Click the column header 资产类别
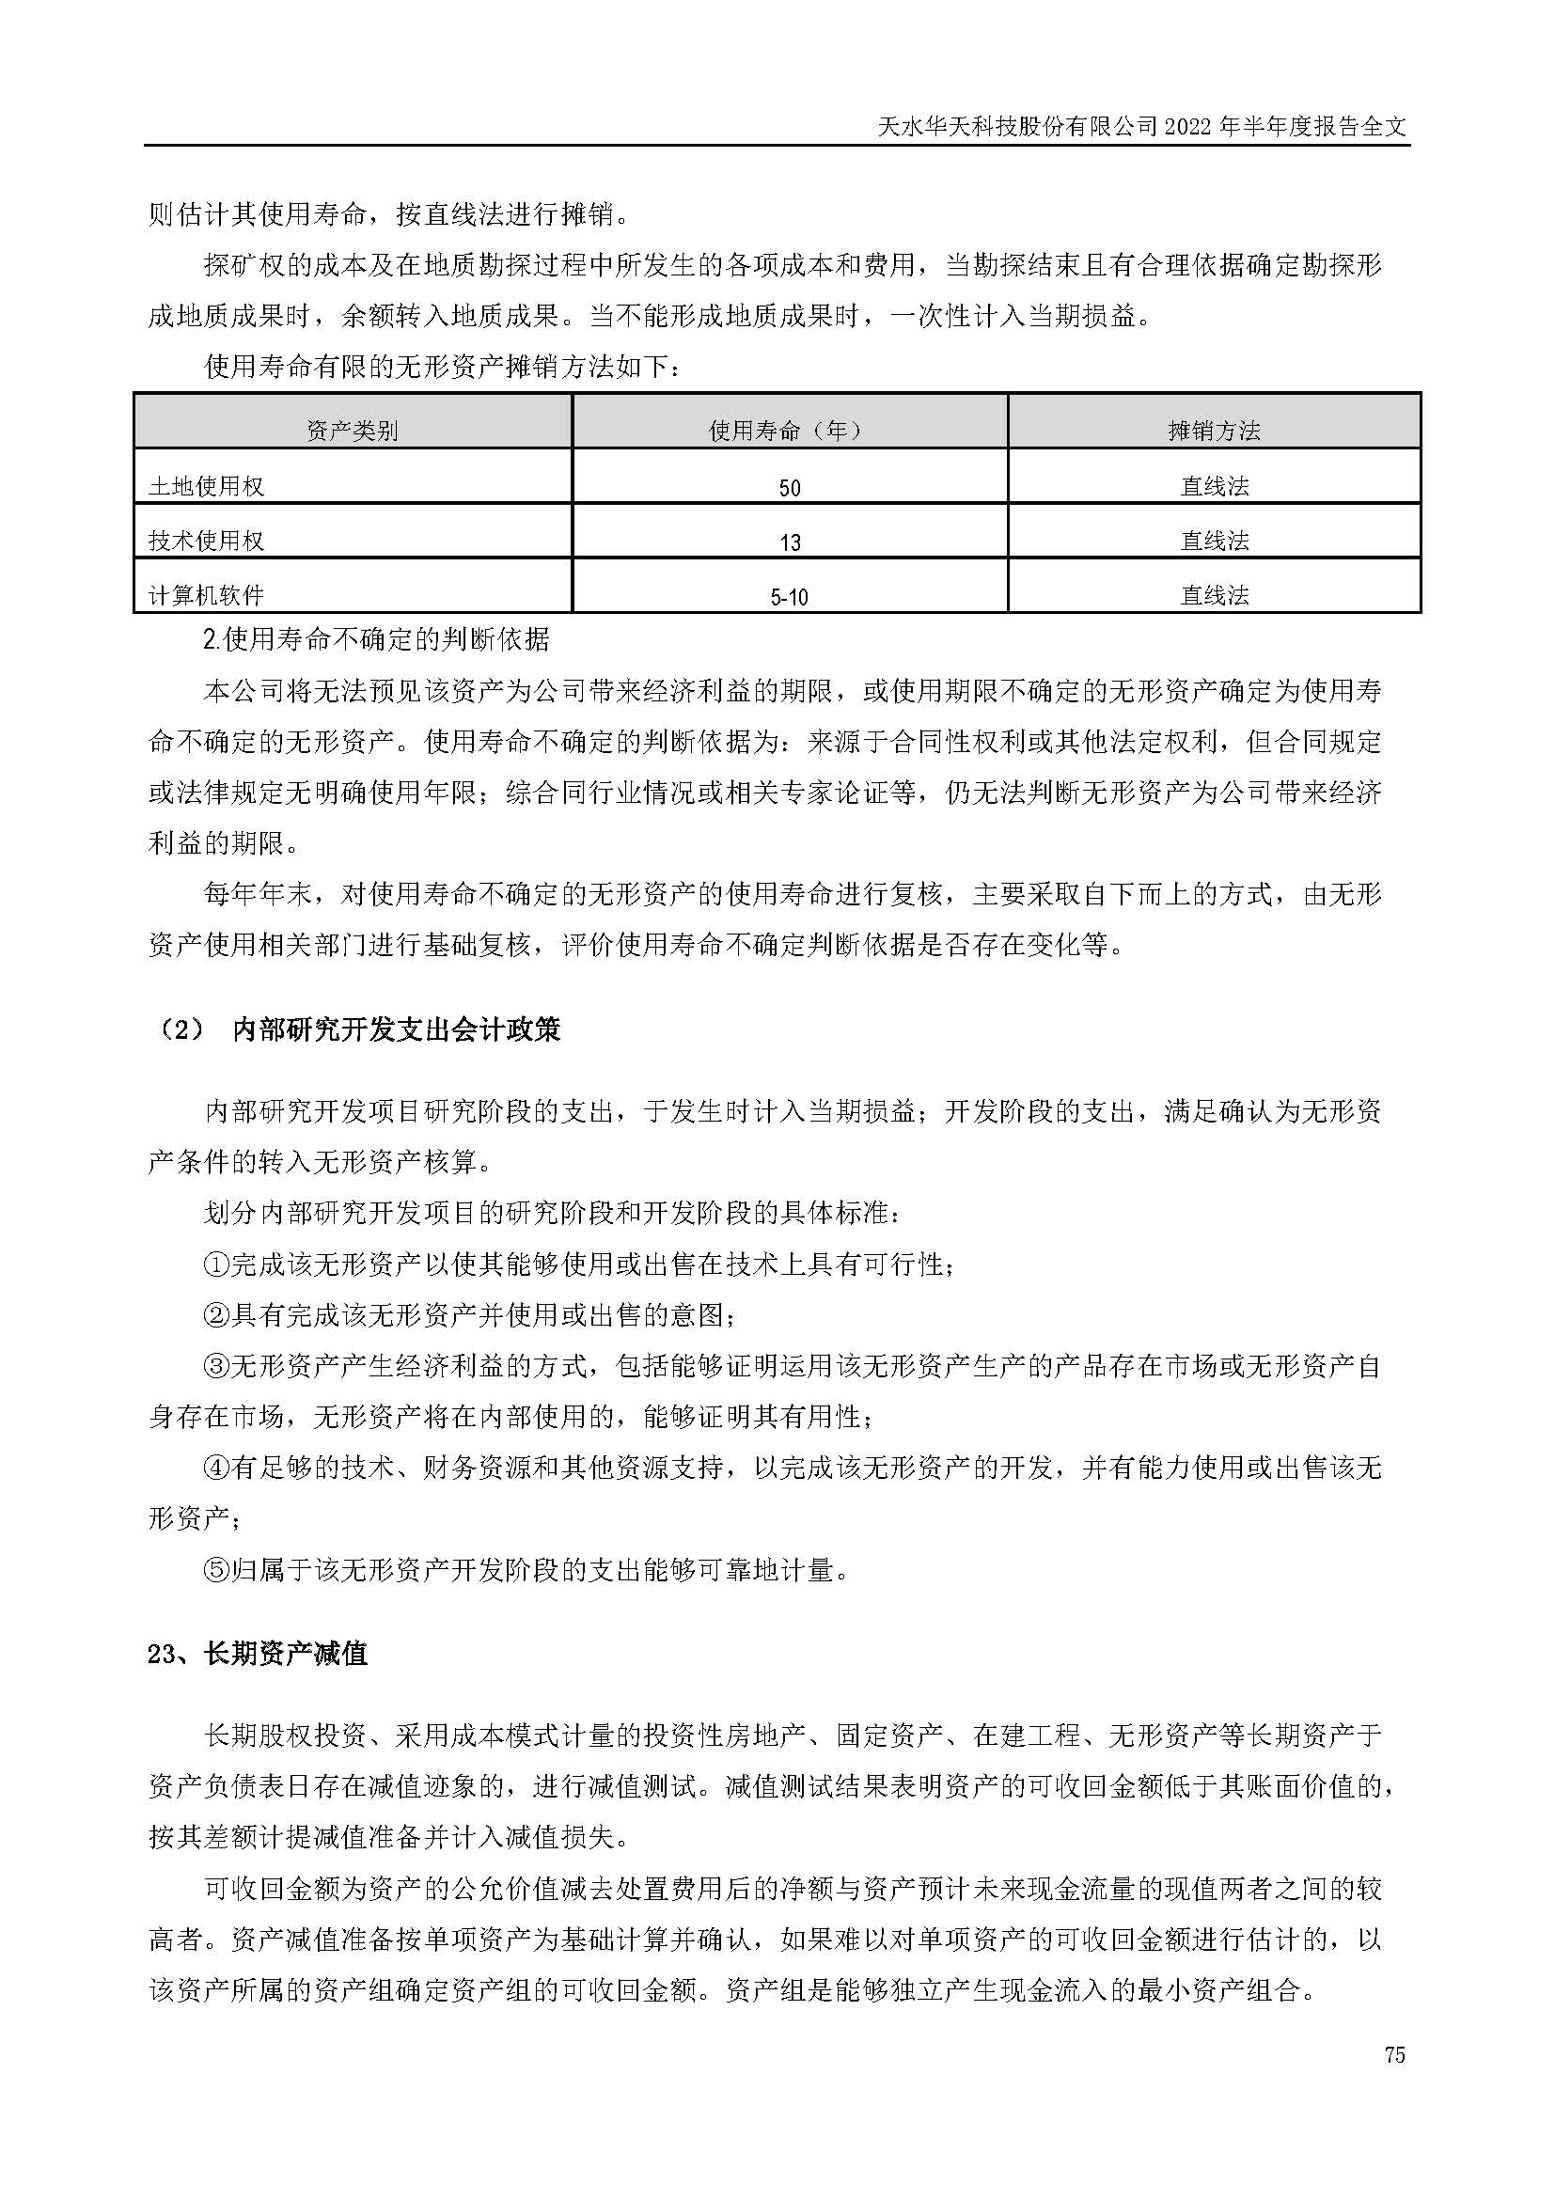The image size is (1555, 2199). (x=352, y=431)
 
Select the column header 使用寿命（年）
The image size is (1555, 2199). (x=789, y=431)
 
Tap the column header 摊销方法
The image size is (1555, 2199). (x=1213, y=431)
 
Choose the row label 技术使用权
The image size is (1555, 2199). (x=206, y=542)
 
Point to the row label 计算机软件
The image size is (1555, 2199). (x=206, y=596)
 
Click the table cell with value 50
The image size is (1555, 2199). (x=789, y=489)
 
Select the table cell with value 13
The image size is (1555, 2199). (x=789, y=543)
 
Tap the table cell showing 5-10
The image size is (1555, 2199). (x=789, y=598)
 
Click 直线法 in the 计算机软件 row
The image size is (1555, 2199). (x=1214, y=596)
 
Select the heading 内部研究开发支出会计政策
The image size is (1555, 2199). (x=397, y=1029)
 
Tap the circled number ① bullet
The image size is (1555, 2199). (x=216, y=1264)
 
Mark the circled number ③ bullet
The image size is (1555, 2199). (x=216, y=1367)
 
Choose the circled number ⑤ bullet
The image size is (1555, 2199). (x=216, y=1571)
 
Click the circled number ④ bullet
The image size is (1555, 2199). (x=216, y=1469)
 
